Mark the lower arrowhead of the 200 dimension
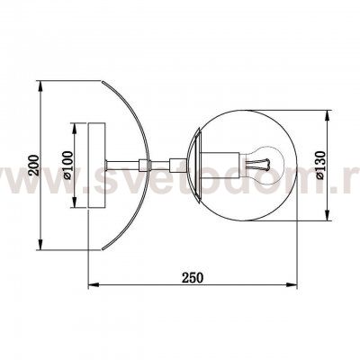click(x=41, y=247)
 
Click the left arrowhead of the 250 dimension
click(x=90, y=286)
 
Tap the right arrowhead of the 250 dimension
click(x=293, y=286)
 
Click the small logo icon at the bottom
click(x=180, y=347)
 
